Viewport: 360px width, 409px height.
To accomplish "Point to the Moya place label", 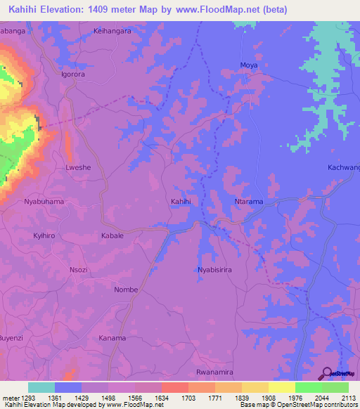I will point(249,65).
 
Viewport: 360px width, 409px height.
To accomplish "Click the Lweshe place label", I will point(78,169).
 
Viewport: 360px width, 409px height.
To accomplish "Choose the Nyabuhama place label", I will point(44,202).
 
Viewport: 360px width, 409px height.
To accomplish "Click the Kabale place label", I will point(112,235).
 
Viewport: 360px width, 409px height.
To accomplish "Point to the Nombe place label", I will point(126,290).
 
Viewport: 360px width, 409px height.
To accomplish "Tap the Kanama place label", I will point(112,338).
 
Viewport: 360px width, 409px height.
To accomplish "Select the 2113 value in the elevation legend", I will point(349,396).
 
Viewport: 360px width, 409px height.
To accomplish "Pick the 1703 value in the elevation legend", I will point(188,396).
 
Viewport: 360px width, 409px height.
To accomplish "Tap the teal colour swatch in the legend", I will point(41,387).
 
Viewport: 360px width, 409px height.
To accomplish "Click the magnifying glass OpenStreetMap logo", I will point(327,372).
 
